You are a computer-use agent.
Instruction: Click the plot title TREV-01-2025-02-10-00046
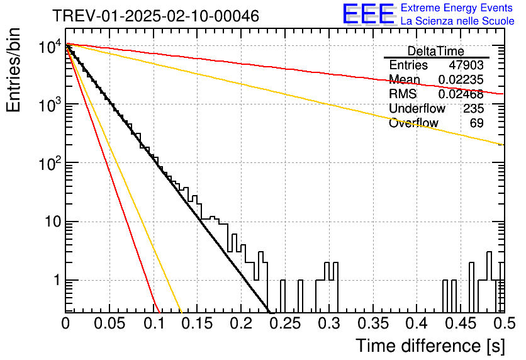pos(156,16)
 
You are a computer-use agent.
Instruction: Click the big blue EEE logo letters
pos(368,14)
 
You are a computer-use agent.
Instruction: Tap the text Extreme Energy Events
pos(457,8)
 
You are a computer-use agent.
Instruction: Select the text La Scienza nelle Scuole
pos(457,21)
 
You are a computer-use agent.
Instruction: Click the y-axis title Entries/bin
pos(13,70)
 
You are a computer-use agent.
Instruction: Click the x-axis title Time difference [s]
pos(430,346)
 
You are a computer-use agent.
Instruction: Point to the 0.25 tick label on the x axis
pos(286,323)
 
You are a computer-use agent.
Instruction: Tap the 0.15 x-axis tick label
pos(198,323)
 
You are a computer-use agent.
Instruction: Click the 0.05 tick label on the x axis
pos(109,323)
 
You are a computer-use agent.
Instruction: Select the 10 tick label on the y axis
pos(53,222)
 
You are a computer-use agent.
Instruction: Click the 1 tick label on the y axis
pos(57,280)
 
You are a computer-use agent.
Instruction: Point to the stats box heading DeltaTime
pos(436,51)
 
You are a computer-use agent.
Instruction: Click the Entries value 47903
pos(466,65)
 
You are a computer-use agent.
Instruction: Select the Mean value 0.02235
pos(461,79)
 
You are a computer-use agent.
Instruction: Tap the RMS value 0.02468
pos(461,94)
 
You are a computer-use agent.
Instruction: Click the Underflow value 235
pos(473,108)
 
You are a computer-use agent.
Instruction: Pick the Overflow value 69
pos(477,123)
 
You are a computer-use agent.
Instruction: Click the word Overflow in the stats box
pos(413,123)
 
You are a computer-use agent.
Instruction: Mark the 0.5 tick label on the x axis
pos(504,323)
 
